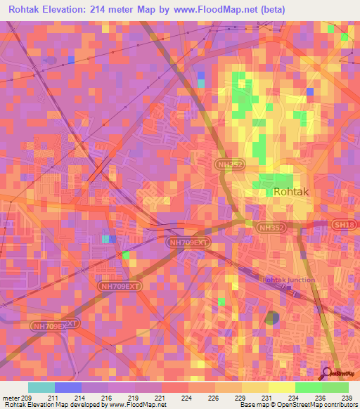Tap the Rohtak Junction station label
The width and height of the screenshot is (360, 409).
(288, 280)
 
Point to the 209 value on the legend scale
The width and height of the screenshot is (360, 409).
(27, 397)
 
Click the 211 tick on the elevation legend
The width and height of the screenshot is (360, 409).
(54, 397)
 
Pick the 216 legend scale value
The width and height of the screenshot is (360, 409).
(108, 397)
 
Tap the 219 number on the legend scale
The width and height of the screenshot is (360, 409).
(134, 397)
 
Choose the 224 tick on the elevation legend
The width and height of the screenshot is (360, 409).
(188, 397)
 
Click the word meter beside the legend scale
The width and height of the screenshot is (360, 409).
(11, 397)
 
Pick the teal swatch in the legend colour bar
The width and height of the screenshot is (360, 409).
(41, 387)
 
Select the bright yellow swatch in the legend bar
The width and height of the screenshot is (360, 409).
(281, 387)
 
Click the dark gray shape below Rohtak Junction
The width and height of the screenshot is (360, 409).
(271, 318)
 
